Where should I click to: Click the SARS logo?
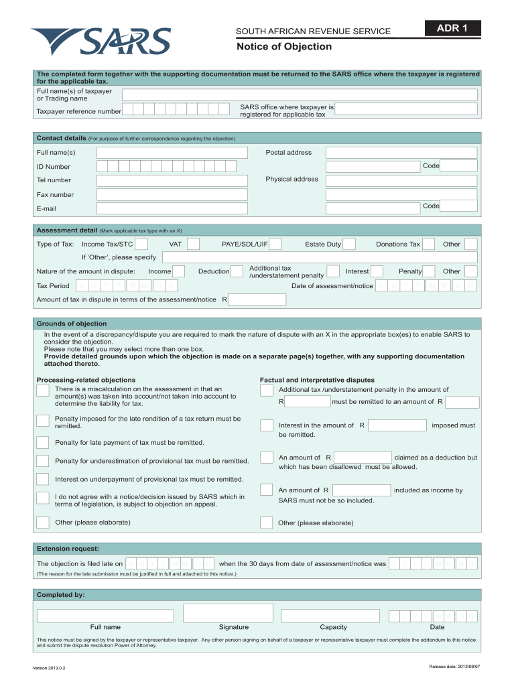(x=101, y=42)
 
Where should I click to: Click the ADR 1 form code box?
(x=449, y=28)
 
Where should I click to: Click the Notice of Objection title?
(x=283, y=47)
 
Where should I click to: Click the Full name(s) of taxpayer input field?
(x=300, y=94)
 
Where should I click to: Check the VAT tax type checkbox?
(x=193, y=245)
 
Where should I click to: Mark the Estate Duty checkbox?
(x=349, y=245)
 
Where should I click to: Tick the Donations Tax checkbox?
(x=428, y=245)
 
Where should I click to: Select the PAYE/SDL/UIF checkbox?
(x=275, y=245)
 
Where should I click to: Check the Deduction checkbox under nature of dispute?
(x=237, y=271)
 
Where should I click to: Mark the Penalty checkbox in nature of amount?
(x=429, y=271)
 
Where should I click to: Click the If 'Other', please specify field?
(x=320, y=258)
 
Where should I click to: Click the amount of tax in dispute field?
(x=257, y=299)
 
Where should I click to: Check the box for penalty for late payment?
(x=43, y=442)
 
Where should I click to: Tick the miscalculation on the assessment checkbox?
(x=43, y=391)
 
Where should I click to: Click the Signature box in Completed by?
(x=228, y=613)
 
